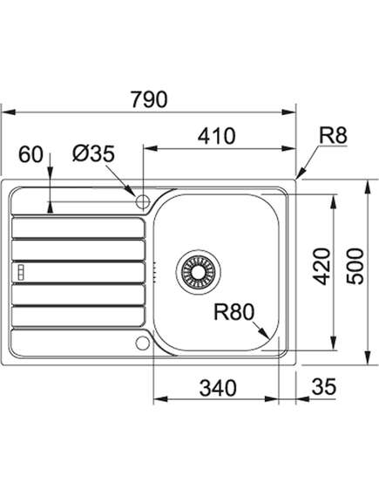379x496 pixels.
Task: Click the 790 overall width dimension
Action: click(149, 99)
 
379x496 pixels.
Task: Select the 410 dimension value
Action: click(217, 136)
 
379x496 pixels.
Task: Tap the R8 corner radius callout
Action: click(333, 135)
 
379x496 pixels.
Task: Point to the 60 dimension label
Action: click(30, 155)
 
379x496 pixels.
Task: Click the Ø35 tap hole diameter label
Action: click(93, 154)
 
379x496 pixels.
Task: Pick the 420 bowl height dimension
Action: click(321, 267)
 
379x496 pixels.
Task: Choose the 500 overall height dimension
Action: click(355, 267)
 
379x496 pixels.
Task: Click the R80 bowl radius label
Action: click(233, 312)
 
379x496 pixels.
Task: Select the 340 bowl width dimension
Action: click(218, 388)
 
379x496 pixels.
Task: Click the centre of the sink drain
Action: click(198, 272)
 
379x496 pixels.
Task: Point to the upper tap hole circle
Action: click(143, 201)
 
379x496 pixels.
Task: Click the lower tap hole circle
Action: click(143, 343)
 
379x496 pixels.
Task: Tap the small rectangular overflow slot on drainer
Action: click(21, 272)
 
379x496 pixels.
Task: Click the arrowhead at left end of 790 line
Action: click(9, 112)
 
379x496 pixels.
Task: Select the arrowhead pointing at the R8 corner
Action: click(301, 173)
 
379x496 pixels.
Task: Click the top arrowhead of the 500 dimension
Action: click(368, 187)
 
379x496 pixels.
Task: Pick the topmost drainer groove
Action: click(78, 228)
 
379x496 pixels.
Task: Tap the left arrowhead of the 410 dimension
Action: click(151, 147)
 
